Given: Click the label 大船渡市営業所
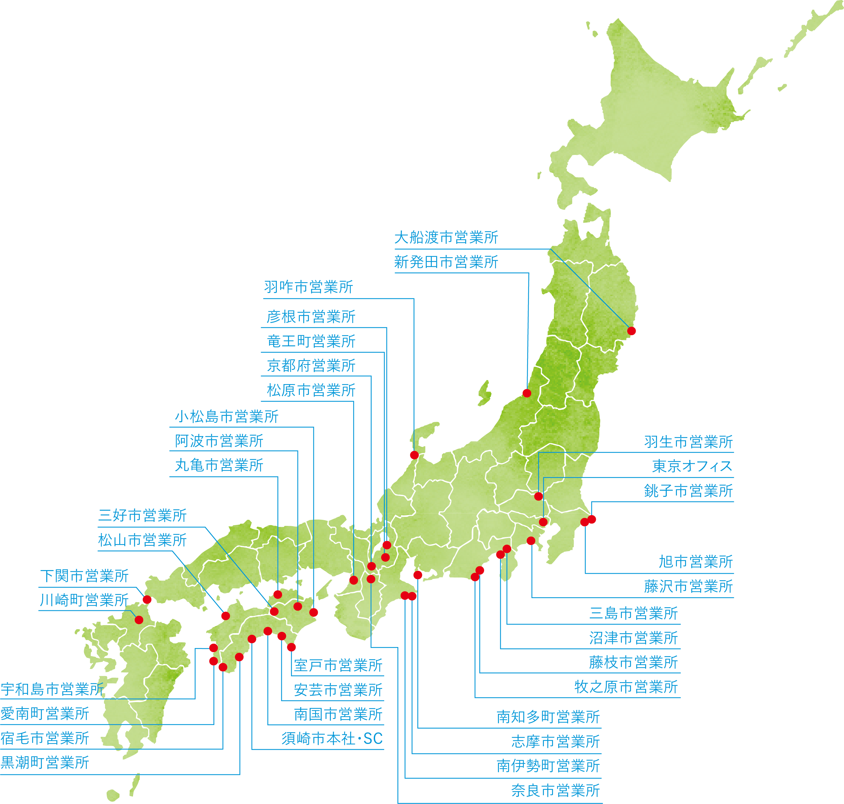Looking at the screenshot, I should click(446, 237).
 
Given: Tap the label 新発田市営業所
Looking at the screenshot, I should click(446, 262).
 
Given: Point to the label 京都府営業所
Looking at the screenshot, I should click(311, 366).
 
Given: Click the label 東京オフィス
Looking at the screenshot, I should click(692, 466).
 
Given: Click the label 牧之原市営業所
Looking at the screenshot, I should click(626, 687).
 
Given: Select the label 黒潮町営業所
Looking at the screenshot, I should click(45, 762).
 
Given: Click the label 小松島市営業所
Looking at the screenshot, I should click(226, 417).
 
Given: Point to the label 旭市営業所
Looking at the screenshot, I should click(695, 561).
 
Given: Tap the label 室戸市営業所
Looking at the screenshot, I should click(338, 666).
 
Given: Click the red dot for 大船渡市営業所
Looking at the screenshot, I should click(631, 331).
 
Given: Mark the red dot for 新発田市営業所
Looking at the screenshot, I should click(527, 393).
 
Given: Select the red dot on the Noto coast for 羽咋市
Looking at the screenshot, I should click(414, 455).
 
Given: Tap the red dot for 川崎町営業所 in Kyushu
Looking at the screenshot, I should click(139, 620).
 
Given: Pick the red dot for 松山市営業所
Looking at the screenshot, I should click(226, 616).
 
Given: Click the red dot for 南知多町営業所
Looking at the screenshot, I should click(418, 575).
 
